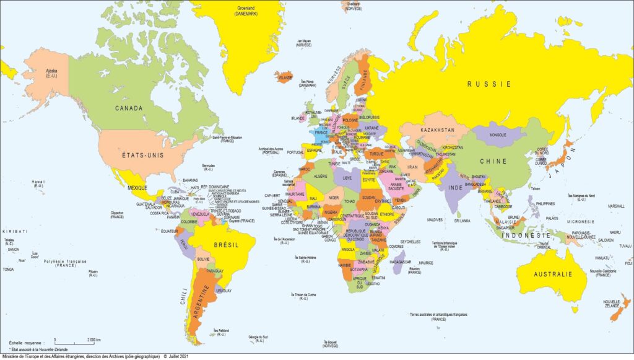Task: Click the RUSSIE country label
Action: click(x=489, y=84)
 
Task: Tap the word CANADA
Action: click(x=129, y=108)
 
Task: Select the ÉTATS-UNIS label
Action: click(x=142, y=156)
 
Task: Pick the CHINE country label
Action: click(x=493, y=161)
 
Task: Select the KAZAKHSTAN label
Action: click(x=437, y=130)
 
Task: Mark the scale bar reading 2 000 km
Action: click(x=77, y=340)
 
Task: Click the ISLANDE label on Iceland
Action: click(x=285, y=79)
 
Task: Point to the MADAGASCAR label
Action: click(x=401, y=261)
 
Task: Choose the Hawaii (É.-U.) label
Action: click(x=38, y=184)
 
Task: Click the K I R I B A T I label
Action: click(x=15, y=230)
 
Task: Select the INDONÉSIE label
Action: click(x=526, y=236)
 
